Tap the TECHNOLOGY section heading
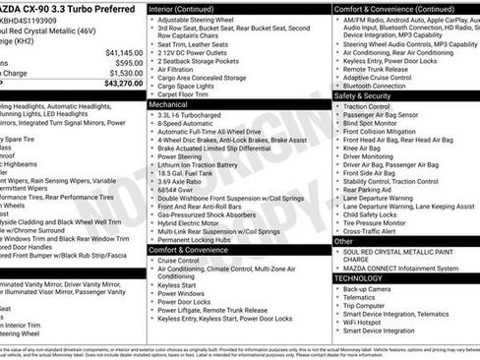pyautogui.click(x=359, y=278)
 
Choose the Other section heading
pyautogui.click(x=344, y=240)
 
